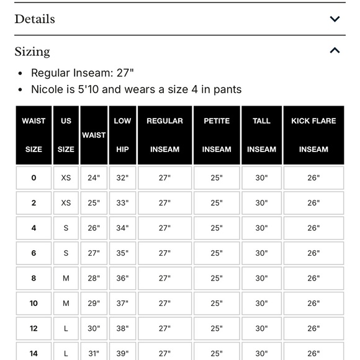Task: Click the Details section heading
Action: tap(35, 19)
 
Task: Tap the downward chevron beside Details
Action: tap(335, 19)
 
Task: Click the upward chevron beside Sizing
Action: tap(335, 51)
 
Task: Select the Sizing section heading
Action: tap(32, 52)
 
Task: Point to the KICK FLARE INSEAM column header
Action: tap(313, 135)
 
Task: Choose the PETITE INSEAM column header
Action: tap(216, 135)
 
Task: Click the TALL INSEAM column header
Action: tap(261, 135)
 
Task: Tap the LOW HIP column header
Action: tap(122, 135)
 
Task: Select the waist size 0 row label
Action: tap(34, 178)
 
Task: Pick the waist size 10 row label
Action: tap(34, 304)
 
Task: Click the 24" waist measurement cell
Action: tap(93, 178)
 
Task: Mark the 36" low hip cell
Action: tap(122, 278)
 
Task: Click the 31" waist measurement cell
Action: tap(93, 353)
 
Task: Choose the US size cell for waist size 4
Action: tap(66, 228)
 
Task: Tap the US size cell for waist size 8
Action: tap(66, 278)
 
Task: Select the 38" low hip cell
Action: tap(122, 328)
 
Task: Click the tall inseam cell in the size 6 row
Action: tap(261, 253)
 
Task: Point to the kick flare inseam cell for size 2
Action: tap(313, 203)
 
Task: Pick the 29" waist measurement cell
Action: tap(93, 304)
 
